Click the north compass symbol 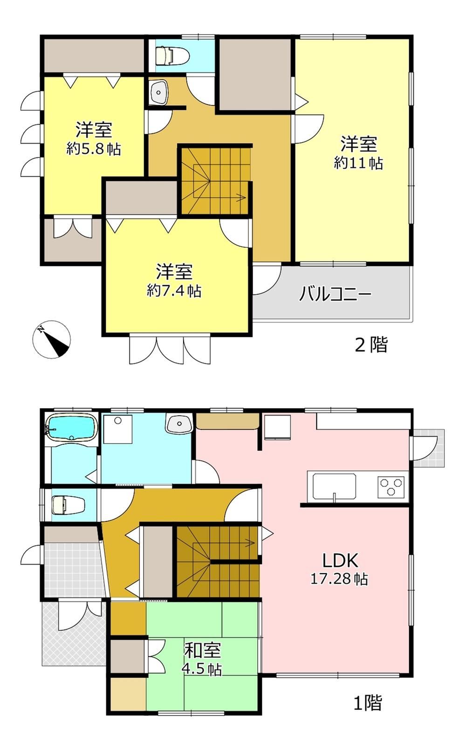52,339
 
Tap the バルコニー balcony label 335,294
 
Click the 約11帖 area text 358,163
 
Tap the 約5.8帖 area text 94,149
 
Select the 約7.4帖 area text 174,291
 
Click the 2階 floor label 371,345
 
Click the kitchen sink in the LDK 334,486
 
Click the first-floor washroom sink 178,424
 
